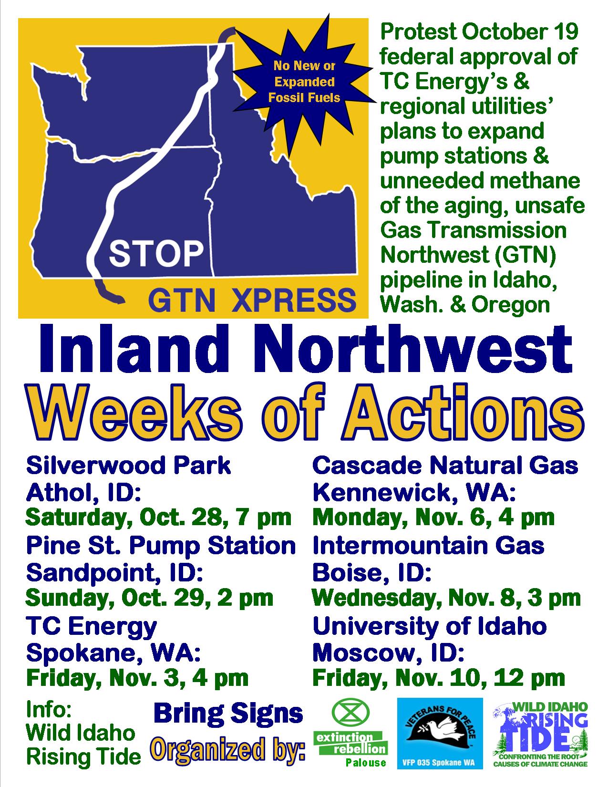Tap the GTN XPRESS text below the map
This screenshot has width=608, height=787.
(x=252, y=300)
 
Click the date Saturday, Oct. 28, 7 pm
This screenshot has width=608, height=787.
(x=158, y=518)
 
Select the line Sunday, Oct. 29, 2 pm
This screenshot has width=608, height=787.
(x=149, y=598)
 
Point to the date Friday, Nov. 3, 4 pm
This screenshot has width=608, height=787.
(x=137, y=678)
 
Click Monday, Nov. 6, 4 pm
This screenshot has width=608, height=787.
(x=433, y=518)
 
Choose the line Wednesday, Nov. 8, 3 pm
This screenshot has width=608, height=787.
(x=446, y=598)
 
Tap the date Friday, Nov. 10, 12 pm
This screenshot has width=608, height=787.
(x=438, y=678)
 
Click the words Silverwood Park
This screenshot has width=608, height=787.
(x=128, y=465)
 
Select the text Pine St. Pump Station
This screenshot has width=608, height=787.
(x=161, y=545)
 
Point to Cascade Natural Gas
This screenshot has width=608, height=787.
(x=445, y=465)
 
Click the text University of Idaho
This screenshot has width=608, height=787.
(x=429, y=626)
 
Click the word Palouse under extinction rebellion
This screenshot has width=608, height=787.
(x=366, y=762)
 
